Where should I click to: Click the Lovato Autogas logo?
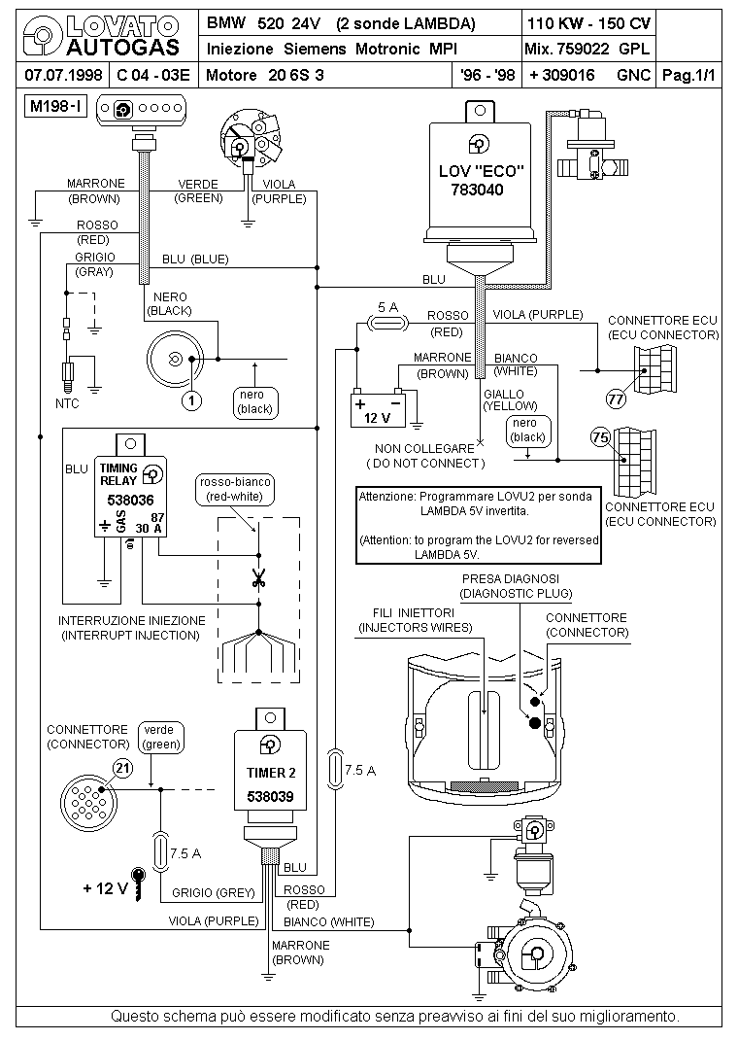(101, 37)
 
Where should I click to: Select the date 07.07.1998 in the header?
(63, 75)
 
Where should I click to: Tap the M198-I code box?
(56, 106)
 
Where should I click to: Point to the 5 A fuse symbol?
(387, 323)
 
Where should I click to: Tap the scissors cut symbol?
(258, 579)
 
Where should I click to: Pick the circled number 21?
(122, 769)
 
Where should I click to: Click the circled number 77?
(616, 399)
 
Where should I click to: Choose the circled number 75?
(600, 437)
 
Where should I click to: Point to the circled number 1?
(191, 399)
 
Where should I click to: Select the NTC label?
(67, 403)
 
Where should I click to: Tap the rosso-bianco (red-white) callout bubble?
(235, 490)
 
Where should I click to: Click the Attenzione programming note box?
(479, 525)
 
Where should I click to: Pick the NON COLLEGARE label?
(424, 448)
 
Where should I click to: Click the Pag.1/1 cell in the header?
(689, 75)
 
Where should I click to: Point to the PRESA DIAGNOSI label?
(511, 579)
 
